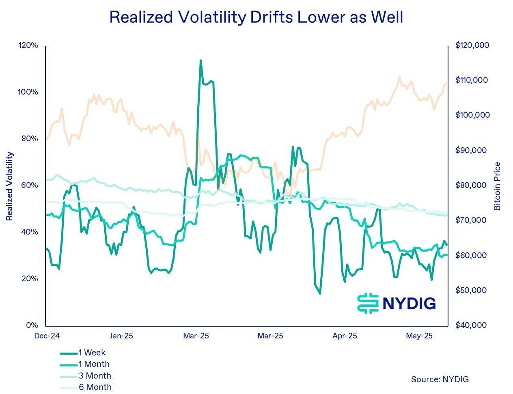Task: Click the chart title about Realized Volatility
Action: [256, 17]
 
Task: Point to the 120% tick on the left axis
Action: [28, 45]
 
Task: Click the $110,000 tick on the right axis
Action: [472, 80]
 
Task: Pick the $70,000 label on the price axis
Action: [471, 220]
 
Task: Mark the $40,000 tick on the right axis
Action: [471, 325]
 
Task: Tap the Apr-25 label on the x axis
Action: [345, 336]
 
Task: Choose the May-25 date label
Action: [419, 336]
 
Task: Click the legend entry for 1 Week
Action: [92, 353]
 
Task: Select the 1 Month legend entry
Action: [94, 364]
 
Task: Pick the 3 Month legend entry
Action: [95, 376]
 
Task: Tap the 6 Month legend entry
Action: [95, 387]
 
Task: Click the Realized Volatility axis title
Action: [10, 186]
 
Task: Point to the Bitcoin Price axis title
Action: [497, 186]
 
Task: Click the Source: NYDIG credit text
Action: [440, 379]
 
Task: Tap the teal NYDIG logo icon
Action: [368, 303]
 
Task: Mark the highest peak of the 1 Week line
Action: [200, 60]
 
